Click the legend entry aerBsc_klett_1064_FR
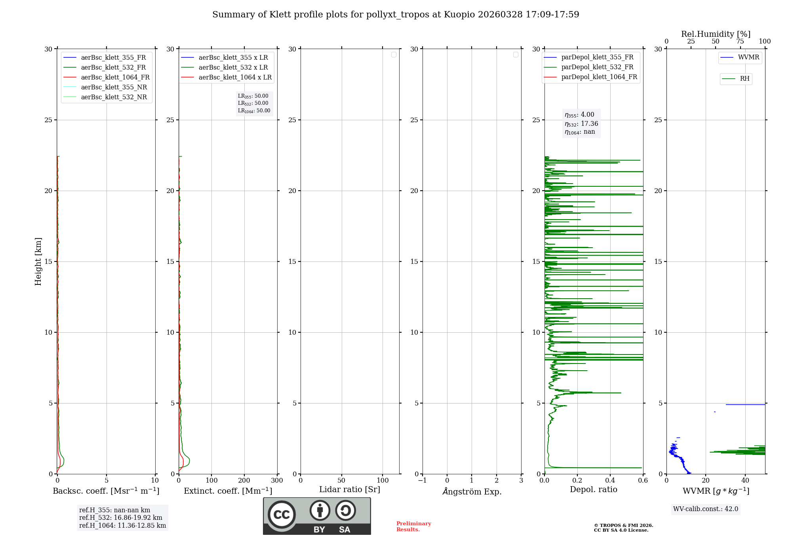click(x=115, y=77)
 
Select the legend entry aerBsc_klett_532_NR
click(x=114, y=97)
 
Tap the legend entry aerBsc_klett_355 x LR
click(x=233, y=57)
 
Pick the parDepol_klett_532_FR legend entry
click(x=597, y=67)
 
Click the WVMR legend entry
click(x=748, y=57)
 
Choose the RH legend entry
click(x=744, y=79)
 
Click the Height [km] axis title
click(x=38, y=261)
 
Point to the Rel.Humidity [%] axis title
click(x=716, y=34)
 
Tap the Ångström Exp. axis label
click(x=472, y=491)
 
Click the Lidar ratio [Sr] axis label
click(x=350, y=490)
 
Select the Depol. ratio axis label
click(x=593, y=490)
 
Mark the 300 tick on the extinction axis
click(x=277, y=481)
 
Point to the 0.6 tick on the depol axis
click(x=643, y=481)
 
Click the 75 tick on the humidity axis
click(x=740, y=42)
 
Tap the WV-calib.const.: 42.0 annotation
click(x=706, y=509)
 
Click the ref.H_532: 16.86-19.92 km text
click(x=121, y=518)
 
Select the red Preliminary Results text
click(x=413, y=527)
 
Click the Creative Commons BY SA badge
click(x=317, y=516)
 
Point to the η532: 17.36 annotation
click(x=581, y=124)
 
